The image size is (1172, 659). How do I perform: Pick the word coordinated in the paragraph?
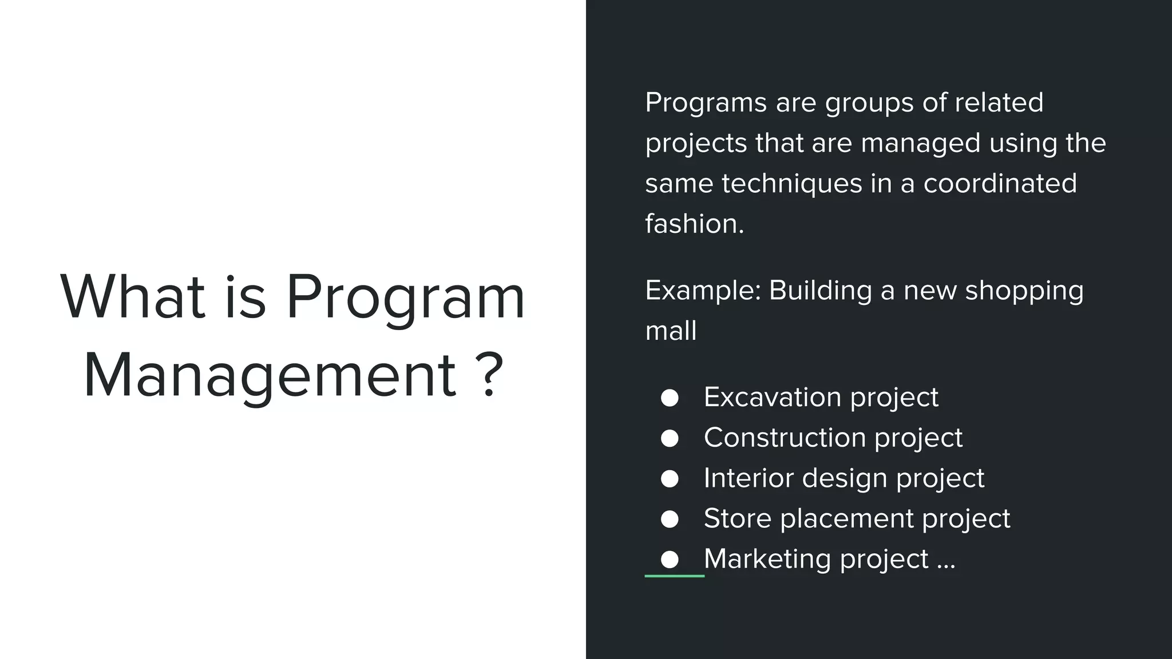[x=1000, y=184]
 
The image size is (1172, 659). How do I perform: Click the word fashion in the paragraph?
[x=694, y=224]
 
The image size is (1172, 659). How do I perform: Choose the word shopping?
[x=1024, y=291]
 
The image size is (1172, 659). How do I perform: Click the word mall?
[x=671, y=331]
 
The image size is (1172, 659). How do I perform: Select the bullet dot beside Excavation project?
[x=670, y=398]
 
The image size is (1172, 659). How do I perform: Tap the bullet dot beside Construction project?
[x=670, y=438]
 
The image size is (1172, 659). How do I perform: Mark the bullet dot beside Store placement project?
[x=670, y=519]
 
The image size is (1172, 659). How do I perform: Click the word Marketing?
[x=766, y=559]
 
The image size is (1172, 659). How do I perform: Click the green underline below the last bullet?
[x=674, y=575]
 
